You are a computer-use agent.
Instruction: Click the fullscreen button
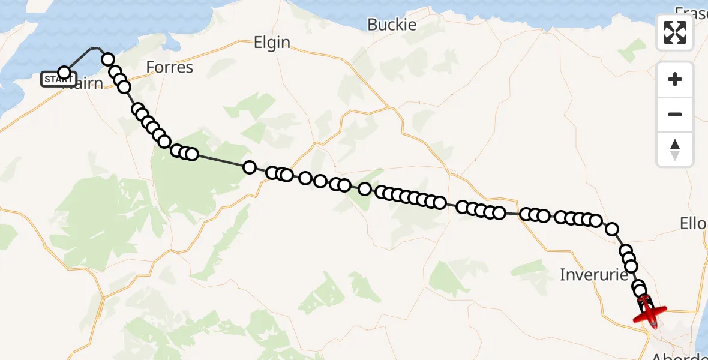pyautogui.click(x=675, y=32)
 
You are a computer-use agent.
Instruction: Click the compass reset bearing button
pyautogui.click(x=675, y=149)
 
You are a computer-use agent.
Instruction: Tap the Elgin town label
pyautogui.click(x=272, y=43)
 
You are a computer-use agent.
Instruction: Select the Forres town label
pyautogui.click(x=170, y=67)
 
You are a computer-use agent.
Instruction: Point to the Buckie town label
pyautogui.click(x=392, y=25)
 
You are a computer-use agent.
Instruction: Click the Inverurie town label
pyautogui.click(x=593, y=275)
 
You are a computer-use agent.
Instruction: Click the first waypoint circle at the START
pyautogui.click(x=64, y=73)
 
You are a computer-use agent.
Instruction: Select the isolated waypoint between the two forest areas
pyautogui.click(x=250, y=167)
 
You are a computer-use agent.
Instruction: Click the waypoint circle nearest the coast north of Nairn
pyautogui.click(x=108, y=59)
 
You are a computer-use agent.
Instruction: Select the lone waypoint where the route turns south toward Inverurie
pyautogui.click(x=612, y=229)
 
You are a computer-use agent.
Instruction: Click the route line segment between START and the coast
pyautogui.click(x=78, y=59)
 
